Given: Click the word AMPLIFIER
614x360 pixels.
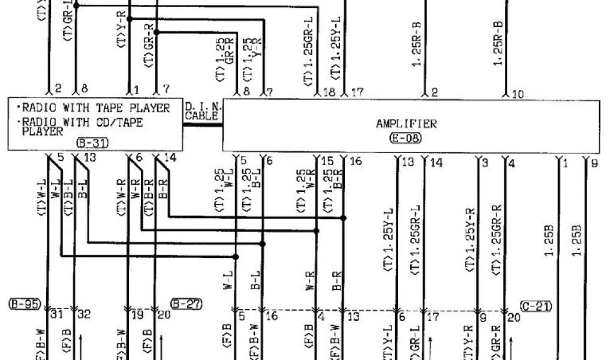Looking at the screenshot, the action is click(x=406, y=124).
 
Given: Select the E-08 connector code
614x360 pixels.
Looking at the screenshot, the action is click(x=406, y=137).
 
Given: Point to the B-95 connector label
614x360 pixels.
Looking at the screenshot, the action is click(x=23, y=304).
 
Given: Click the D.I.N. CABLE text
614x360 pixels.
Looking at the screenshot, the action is click(x=201, y=111).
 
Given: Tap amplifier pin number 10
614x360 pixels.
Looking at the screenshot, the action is click(x=518, y=93).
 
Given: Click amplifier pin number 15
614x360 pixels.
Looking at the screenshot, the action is click(x=327, y=161).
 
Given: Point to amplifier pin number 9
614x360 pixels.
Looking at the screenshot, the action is click(x=594, y=161).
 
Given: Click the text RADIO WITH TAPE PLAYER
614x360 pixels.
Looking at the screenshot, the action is click(x=94, y=109).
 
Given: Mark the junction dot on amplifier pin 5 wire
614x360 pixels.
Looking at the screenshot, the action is click(x=236, y=257).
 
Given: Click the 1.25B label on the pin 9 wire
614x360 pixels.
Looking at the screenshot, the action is click(x=577, y=240).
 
